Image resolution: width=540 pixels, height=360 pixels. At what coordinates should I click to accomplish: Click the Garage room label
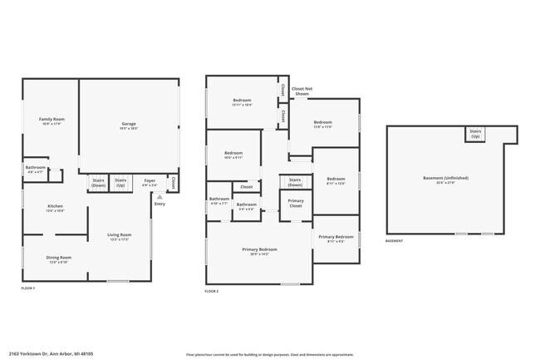click(x=129, y=126)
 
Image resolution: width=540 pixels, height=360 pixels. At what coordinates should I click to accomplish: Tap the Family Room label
click(x=52, y=121)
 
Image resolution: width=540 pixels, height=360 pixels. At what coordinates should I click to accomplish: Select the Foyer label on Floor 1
click(x=150, y=182)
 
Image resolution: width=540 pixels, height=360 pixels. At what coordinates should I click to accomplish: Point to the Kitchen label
click(x=55, y=208)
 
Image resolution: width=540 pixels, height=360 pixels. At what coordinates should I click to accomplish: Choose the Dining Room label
click(x=58, y=259)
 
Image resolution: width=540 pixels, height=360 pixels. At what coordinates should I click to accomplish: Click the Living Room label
click(x=120, y=237)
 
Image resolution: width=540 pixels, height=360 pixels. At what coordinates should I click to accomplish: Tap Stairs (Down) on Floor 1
click(x=98, y=182)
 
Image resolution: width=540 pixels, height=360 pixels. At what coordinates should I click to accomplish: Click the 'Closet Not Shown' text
click(x=302, y=91)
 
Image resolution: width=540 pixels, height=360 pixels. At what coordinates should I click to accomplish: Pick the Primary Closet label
click(x=295, y=203)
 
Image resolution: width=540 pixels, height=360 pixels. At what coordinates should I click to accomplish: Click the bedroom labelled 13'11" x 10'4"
click(x=242, y=102)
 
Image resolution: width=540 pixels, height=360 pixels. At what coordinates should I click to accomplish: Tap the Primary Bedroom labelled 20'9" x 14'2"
click(x=259, y=252)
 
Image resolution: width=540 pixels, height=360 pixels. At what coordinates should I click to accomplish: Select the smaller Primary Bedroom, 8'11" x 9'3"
click(x=337, y=239)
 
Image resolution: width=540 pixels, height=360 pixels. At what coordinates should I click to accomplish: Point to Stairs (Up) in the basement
click(x=475, y=133)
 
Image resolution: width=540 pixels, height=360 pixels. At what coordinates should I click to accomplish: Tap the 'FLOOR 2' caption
click(x=212, y=291)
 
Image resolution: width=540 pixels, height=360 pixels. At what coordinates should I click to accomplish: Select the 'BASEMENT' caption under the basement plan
click(x=395, y=241)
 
